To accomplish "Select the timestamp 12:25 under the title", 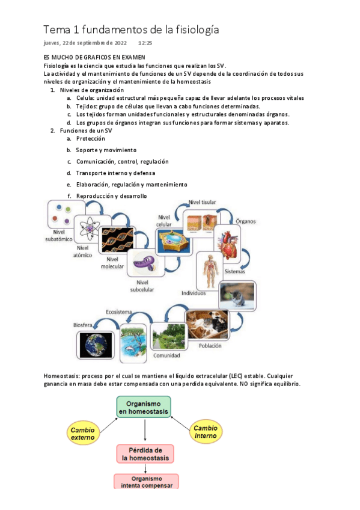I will pos(145,43).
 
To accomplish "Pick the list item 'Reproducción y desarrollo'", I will pos(111,196).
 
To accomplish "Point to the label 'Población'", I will pos(210,345).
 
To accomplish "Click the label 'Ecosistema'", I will pos(120,312).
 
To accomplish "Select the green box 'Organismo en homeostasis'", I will pos(143,406).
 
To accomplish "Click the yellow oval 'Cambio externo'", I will pos(82,434).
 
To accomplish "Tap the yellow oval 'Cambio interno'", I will pos(206,431).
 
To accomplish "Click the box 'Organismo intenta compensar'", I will pos(144,481).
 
